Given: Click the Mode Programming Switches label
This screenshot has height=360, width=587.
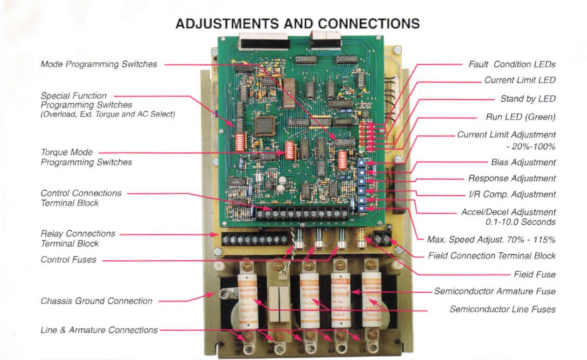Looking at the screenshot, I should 98,64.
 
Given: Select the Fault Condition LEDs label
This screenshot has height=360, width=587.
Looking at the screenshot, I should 512,64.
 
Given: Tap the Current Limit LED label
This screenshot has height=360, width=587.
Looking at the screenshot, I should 520,80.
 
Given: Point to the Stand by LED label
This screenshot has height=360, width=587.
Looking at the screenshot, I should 527,99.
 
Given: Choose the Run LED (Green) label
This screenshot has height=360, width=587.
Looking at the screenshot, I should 520,117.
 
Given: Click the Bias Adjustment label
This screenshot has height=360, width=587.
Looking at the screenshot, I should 523,162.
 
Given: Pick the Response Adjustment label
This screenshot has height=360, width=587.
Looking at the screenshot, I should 512,178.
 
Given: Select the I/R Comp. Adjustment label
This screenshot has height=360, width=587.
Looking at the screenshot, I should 512,194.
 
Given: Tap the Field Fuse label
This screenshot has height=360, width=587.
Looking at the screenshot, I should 534,275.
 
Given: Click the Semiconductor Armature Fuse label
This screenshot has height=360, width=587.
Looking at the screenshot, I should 495,291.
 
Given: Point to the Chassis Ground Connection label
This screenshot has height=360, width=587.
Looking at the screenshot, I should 96,301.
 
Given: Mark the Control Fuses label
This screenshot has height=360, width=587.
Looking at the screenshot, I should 68,259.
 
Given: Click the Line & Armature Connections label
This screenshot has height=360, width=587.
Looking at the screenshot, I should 99,330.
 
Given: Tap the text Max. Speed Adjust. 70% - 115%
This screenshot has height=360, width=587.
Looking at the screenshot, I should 491,240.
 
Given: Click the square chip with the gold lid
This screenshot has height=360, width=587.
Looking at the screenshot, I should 265,126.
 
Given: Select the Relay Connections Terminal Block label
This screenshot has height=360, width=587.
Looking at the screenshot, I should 78,239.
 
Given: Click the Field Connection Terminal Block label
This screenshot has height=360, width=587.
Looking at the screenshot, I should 491,256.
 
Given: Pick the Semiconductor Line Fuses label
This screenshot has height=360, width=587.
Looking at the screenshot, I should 502,309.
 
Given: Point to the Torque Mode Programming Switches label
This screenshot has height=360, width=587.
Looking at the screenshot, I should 86,157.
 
